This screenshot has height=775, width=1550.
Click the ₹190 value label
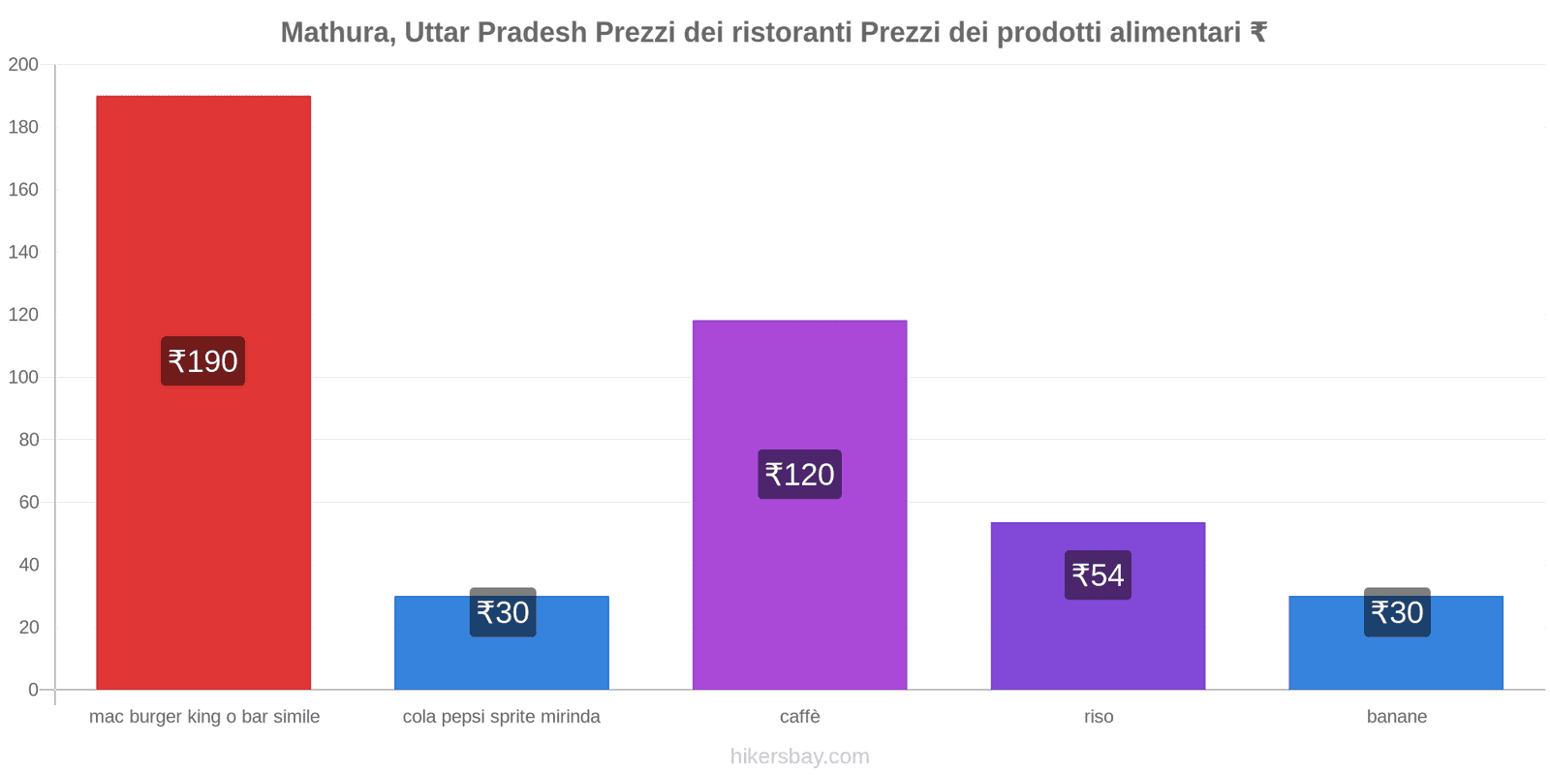[x=202, y=361]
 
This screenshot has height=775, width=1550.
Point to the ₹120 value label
[x=799, y=475]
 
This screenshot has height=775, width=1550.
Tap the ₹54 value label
[x=1098, y=575]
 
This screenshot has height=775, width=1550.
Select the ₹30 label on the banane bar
[x=1397, y=612]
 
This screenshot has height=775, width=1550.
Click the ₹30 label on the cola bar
[x=503, y=612]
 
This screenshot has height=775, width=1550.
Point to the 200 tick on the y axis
[x=23, y=65]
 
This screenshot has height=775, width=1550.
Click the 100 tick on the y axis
[x=23, y=377]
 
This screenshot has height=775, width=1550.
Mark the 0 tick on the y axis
[x=33, y=690]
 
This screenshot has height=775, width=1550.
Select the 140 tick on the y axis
[x=23, y=252]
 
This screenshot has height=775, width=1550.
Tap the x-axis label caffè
[x=799, y=717]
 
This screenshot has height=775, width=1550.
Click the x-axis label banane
[x=1396, y=717]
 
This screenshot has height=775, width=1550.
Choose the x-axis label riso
[x=1099, y=717]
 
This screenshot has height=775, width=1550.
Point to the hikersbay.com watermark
[x=799, y=757]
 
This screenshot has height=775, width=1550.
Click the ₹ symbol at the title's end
[x=1258, y=33]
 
